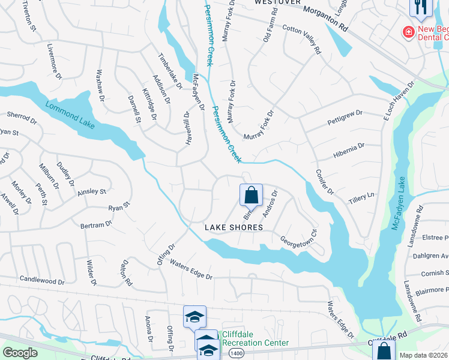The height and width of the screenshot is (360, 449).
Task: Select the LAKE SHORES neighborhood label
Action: coord(234,227)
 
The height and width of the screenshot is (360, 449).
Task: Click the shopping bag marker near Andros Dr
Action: coord(251,195)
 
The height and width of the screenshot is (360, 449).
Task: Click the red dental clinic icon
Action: coord(409,31)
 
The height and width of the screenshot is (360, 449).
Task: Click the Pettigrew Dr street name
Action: coord(345,112)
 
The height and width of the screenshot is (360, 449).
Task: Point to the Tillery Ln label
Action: coord(361,196)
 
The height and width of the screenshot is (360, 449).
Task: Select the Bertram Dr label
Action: coord(96,224)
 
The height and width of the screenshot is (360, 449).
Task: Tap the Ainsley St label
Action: coord(91,192)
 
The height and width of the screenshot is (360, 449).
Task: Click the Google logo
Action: coord(20,353)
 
